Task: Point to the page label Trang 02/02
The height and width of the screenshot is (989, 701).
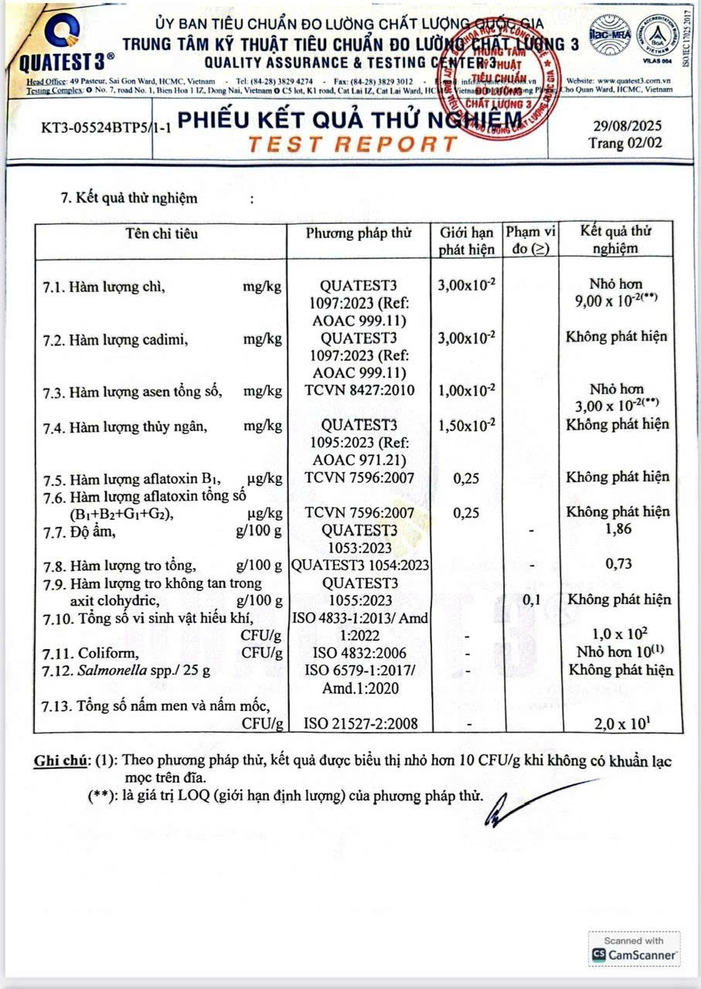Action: (624, 143)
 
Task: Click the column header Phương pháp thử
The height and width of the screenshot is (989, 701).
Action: (358, 233)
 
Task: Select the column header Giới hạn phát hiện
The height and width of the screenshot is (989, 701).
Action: (466, 240)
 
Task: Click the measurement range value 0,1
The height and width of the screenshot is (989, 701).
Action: (530, 600)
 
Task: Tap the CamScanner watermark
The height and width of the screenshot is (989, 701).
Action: (635, 950)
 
